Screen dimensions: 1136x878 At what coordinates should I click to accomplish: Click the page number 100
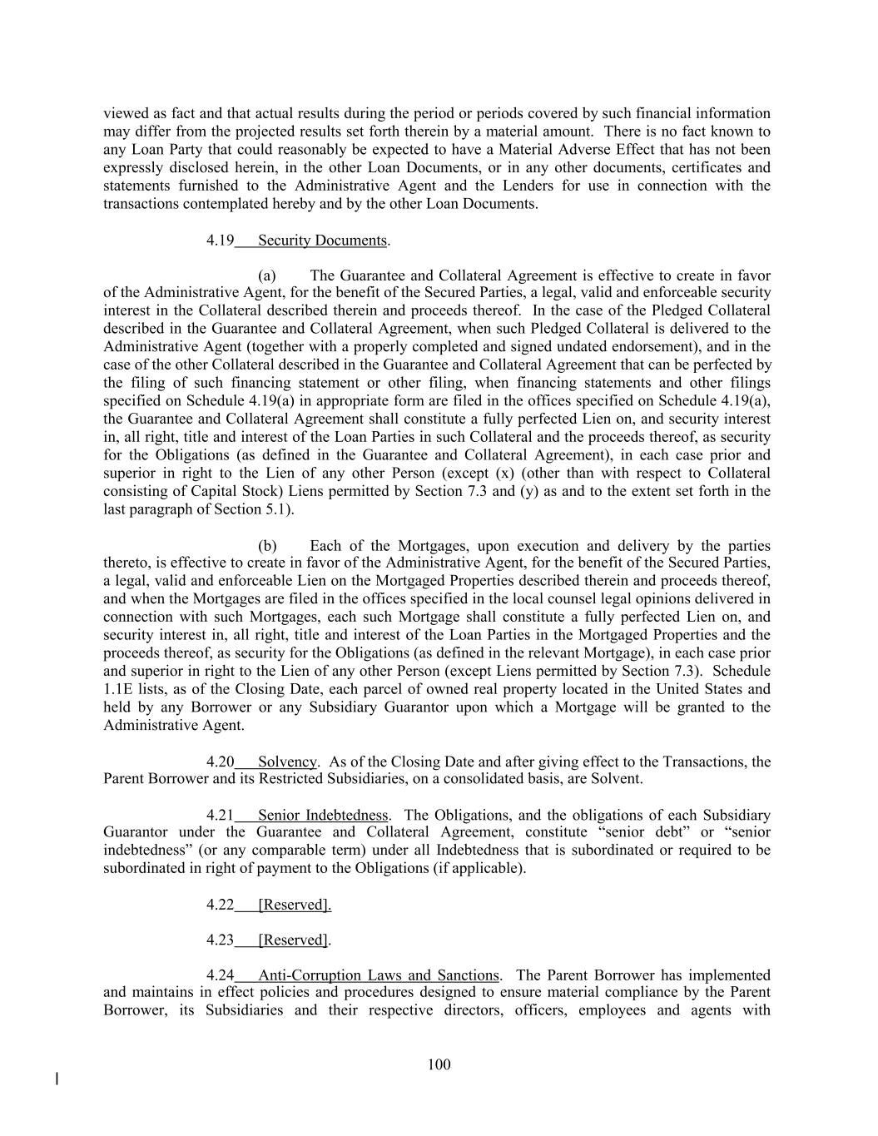439,1064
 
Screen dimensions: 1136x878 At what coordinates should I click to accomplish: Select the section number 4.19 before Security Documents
220,241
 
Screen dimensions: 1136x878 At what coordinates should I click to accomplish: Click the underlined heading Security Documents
322,241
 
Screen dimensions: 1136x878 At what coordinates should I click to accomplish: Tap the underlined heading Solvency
287,761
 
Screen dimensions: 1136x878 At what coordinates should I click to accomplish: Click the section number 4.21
220,815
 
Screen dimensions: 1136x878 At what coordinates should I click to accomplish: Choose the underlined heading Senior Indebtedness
323,815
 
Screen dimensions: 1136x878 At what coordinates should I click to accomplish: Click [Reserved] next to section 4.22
294,905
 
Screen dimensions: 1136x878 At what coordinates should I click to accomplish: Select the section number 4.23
220,940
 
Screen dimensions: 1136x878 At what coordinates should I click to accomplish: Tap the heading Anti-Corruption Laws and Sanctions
379,975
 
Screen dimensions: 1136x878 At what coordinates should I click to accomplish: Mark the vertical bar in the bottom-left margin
57,1079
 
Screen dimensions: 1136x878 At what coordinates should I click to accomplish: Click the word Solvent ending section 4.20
617,779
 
